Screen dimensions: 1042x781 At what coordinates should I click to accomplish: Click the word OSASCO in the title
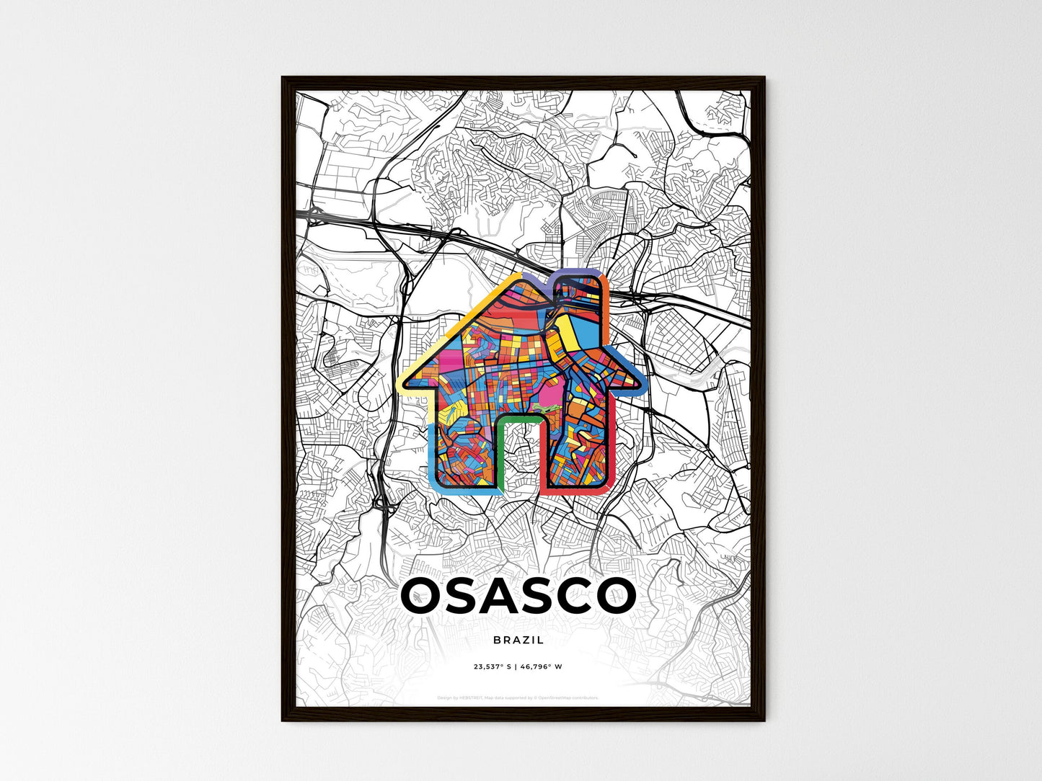click(518, 596)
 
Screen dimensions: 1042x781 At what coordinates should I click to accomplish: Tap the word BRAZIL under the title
click(518, 640)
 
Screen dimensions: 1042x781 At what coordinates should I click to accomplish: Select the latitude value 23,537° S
click(492, 667)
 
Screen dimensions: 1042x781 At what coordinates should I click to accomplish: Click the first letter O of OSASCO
click(423, 596)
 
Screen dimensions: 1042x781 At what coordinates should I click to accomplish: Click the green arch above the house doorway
click(518, 416)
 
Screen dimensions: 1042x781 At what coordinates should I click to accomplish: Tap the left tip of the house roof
click(401, 380)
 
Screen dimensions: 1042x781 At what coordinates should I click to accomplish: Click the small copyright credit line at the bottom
click(518, 697)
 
